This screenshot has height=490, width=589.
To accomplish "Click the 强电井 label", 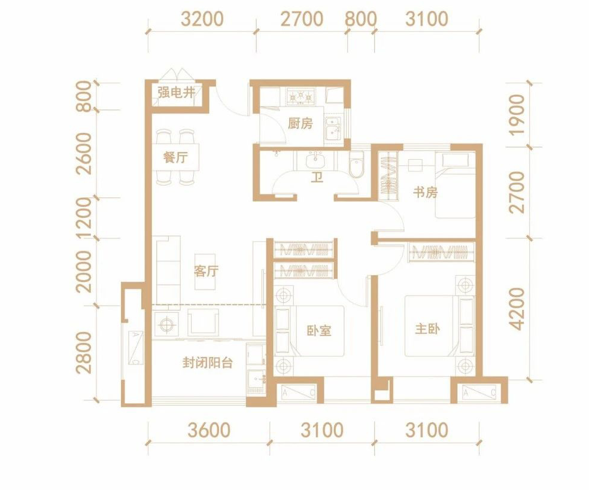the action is coord(176,93).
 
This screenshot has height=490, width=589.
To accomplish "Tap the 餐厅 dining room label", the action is coord(175,158).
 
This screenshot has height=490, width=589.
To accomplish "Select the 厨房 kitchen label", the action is coord(300,123).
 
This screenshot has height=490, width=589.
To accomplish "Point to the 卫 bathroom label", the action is coord(317,177).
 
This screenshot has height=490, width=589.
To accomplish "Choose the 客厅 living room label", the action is coord(207,271).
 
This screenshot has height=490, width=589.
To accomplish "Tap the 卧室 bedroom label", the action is coord(319,330).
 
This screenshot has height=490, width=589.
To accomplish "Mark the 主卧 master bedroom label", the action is coord(427,329).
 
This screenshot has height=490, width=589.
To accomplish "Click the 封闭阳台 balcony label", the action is coord(208,363).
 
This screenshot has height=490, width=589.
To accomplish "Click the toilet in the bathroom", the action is coord(356,164).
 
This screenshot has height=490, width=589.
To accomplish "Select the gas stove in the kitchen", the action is coord(300,96).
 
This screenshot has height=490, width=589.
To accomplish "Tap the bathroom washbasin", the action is coord(315,160).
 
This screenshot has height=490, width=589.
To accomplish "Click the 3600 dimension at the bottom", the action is coord(209,430).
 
